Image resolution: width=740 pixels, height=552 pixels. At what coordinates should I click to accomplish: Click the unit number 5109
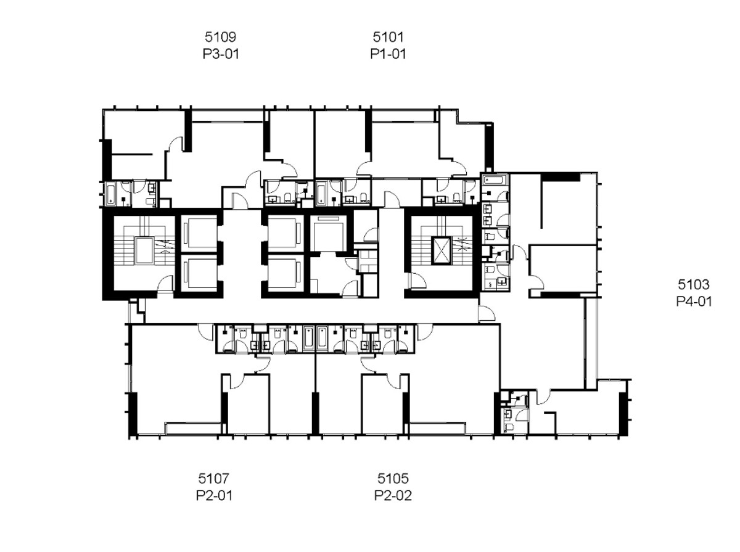220,37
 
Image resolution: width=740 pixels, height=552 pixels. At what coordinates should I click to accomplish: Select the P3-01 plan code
221,54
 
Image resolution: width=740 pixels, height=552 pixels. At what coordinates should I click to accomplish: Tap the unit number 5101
388,37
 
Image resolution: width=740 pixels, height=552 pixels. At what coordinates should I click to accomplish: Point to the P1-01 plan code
388,54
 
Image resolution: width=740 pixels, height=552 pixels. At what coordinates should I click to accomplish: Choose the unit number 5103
694,284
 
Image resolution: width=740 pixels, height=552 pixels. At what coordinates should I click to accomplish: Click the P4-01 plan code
694,301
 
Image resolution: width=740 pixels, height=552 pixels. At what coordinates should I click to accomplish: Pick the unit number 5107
214,478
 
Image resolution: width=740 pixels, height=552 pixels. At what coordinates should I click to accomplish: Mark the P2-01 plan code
215,495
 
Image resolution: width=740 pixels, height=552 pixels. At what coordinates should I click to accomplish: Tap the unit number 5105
393,478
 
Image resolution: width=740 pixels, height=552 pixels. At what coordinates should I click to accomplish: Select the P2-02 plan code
393,495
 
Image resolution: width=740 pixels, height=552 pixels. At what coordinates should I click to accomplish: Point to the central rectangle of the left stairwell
144,250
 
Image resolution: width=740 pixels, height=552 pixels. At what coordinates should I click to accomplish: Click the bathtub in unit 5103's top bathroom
495,179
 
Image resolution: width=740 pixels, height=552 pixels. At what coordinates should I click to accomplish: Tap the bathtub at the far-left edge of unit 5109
111,194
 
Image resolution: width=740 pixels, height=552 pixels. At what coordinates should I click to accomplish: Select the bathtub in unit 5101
321,193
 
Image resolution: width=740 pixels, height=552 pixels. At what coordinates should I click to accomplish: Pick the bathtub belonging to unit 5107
308,337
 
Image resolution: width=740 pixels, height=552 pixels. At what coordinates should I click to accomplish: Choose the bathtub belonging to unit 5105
322,337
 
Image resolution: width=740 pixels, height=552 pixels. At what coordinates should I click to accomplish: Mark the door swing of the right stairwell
417,281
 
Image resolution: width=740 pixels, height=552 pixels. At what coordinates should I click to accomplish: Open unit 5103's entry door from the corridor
487,313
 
